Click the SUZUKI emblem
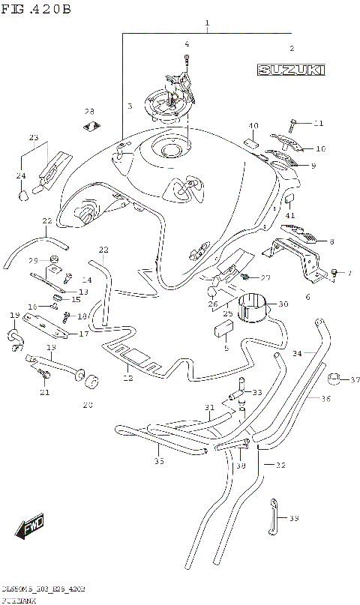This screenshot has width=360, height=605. (x=291, y=70)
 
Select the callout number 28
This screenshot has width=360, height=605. (x=88, y=111)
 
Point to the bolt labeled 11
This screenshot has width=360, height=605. (x=294, y=121)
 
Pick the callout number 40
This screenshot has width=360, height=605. (x=253, y=125)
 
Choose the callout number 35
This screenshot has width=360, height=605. (x=158, y=461)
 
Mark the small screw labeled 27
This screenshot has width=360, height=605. (x=246, y=277)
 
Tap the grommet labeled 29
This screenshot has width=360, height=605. (x=53, y=262)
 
